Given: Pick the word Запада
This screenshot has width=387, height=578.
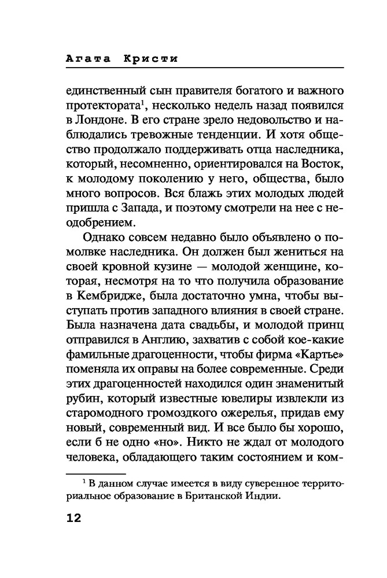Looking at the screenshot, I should click(x=134, y=210).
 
